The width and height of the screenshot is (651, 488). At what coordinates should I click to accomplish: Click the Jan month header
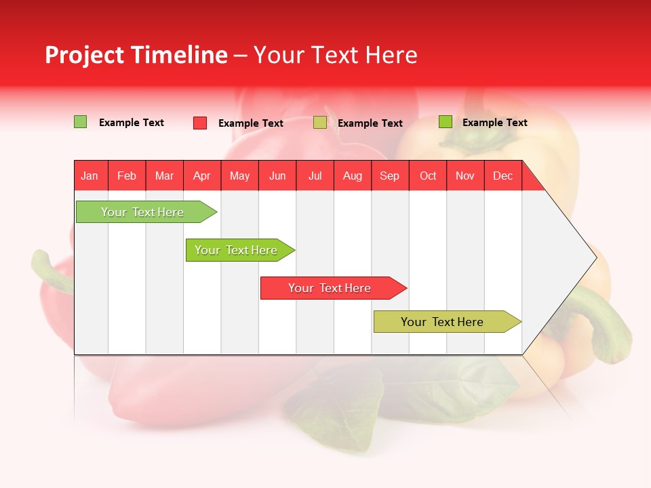click(x=90, y=176)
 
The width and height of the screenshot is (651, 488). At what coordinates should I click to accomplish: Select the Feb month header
click(x=127, y=176)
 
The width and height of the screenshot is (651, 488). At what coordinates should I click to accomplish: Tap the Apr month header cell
click(x=202, y=176)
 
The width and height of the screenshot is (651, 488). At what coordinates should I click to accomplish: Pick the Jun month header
click(x=277, y=176)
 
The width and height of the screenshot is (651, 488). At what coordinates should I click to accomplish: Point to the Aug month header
click(x=353, y=176)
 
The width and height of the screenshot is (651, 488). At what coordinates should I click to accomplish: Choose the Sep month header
click(x=390, y=176)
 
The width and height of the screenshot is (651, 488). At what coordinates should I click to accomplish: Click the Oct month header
click(x=428, y=176)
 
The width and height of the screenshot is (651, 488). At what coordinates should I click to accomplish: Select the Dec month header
click(x=503, y=176)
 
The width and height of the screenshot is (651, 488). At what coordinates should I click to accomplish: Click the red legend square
click(x=200, y=123)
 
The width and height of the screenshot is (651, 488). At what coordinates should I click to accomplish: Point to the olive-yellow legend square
click(x=320, y=123)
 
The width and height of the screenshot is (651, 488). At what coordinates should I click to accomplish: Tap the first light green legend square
click(x=81, y=122)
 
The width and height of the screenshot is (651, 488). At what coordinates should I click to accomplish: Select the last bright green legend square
click(x=446, y=122)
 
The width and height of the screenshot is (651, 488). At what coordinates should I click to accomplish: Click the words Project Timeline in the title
click(x=136, y=55)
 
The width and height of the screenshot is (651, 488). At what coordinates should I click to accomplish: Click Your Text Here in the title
click(x=335, y=55)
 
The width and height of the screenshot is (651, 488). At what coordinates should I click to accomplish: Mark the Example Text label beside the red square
click(x=251, y=123)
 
